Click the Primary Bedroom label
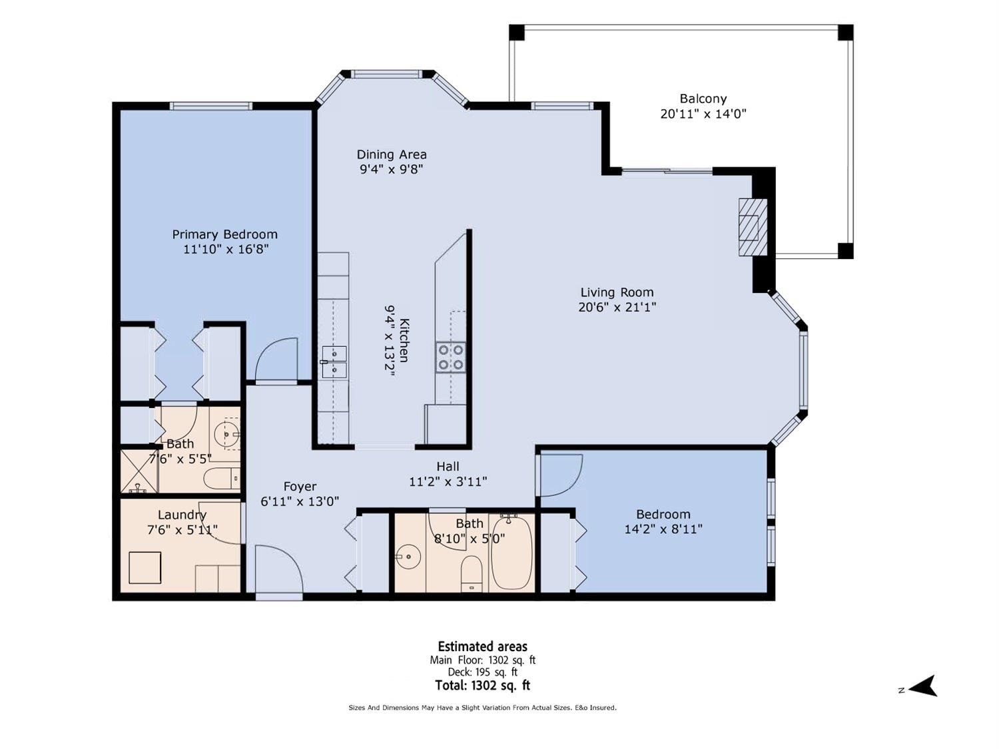(225, 234)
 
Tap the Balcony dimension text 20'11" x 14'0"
(703, 114)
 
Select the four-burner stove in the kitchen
(451, 357)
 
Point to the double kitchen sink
(334, 362)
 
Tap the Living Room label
(617, 292)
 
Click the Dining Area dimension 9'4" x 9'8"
(392, 170)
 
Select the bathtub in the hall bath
(512, 552)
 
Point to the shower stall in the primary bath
(139, 471)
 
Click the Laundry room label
(182, 515)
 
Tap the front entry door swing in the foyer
(278, 569)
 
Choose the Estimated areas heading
(482, 646)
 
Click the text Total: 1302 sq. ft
(482, 685)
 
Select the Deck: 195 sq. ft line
(482, 672)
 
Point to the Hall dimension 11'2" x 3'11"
(448, 481)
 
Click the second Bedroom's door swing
(561, 475)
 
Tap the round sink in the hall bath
(408, 556)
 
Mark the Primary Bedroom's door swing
(276, 359)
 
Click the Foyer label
(300, 486)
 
